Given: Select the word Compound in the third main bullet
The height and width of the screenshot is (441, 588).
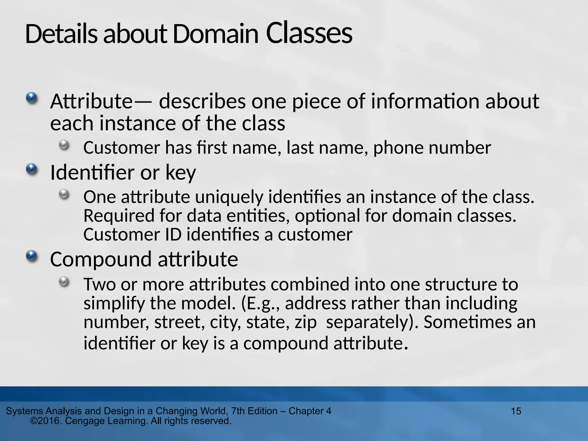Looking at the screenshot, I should [x=100, y=259].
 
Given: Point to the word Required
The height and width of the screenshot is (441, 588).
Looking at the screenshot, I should [x=119, y=216].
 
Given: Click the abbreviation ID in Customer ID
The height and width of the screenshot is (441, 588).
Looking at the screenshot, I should [x=173, y=235].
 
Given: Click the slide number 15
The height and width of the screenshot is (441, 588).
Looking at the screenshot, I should [x=516, y=411].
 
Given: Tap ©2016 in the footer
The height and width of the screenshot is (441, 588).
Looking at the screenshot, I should [x=46, y=421].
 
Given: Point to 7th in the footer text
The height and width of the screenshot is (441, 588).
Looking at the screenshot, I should [x=238, y=411].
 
